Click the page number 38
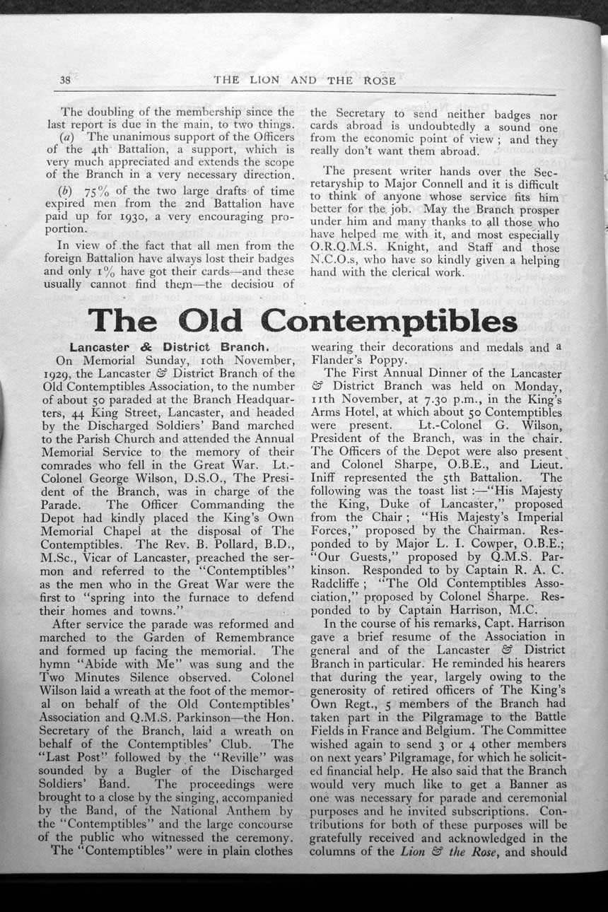click(x=65, y=80)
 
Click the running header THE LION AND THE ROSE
click(x=304, y=80)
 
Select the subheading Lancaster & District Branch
click(x=168, y=347)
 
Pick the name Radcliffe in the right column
click(x=337, y=571)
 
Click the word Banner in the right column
click(x=520, y=783)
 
